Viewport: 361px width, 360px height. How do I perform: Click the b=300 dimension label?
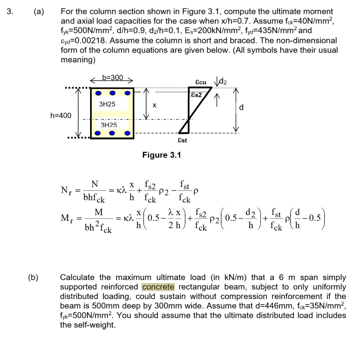(112, 77)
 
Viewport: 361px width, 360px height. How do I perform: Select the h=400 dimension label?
(61, 115)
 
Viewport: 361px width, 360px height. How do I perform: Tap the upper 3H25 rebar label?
(107, 104)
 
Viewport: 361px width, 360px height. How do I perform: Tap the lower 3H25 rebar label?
(109, 125)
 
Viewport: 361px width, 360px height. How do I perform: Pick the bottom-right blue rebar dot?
(127, 133)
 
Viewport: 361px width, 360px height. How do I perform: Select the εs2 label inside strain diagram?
(196, 95)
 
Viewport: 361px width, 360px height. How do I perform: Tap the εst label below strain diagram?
(182, 141)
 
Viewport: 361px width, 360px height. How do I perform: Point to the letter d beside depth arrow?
(241, 107)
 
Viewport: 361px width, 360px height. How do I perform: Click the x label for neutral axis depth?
(154, 105)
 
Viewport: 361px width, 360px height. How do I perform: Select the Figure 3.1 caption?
(162, 155)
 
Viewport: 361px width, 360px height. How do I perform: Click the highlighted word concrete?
(158, 287)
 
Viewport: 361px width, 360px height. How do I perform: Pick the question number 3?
(11, 12)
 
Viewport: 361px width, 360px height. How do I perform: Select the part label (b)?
(33, 278)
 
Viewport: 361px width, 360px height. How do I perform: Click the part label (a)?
(39, 12)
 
